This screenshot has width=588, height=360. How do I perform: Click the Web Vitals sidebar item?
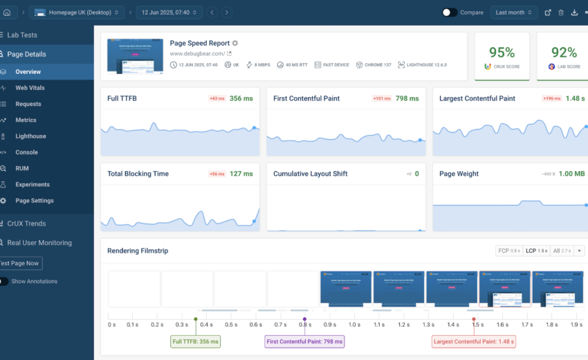[30, 88]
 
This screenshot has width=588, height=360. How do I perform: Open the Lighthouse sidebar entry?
[30, 136]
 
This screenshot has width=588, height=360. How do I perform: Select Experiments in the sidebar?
[33, 185]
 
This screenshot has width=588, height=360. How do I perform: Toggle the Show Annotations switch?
[4, 281]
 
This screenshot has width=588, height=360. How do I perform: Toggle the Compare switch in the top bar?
[450, 12]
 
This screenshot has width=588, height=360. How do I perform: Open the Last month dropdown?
[514, 12]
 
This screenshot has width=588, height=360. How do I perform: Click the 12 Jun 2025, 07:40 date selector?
[169, 12]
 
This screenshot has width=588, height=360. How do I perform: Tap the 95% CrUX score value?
[502, 53]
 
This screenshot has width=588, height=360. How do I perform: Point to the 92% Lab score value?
[564, 53]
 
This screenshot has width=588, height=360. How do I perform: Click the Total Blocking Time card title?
[138, 174]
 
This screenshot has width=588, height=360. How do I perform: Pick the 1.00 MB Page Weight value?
[571, 174]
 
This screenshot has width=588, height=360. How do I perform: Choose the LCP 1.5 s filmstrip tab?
[536, 251]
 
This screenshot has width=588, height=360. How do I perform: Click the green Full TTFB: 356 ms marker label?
[195, 341]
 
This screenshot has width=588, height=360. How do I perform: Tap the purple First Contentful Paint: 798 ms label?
[304, 341]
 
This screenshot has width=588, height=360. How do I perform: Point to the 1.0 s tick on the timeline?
[354, 324]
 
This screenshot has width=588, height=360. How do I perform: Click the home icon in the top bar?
[7, 12]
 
